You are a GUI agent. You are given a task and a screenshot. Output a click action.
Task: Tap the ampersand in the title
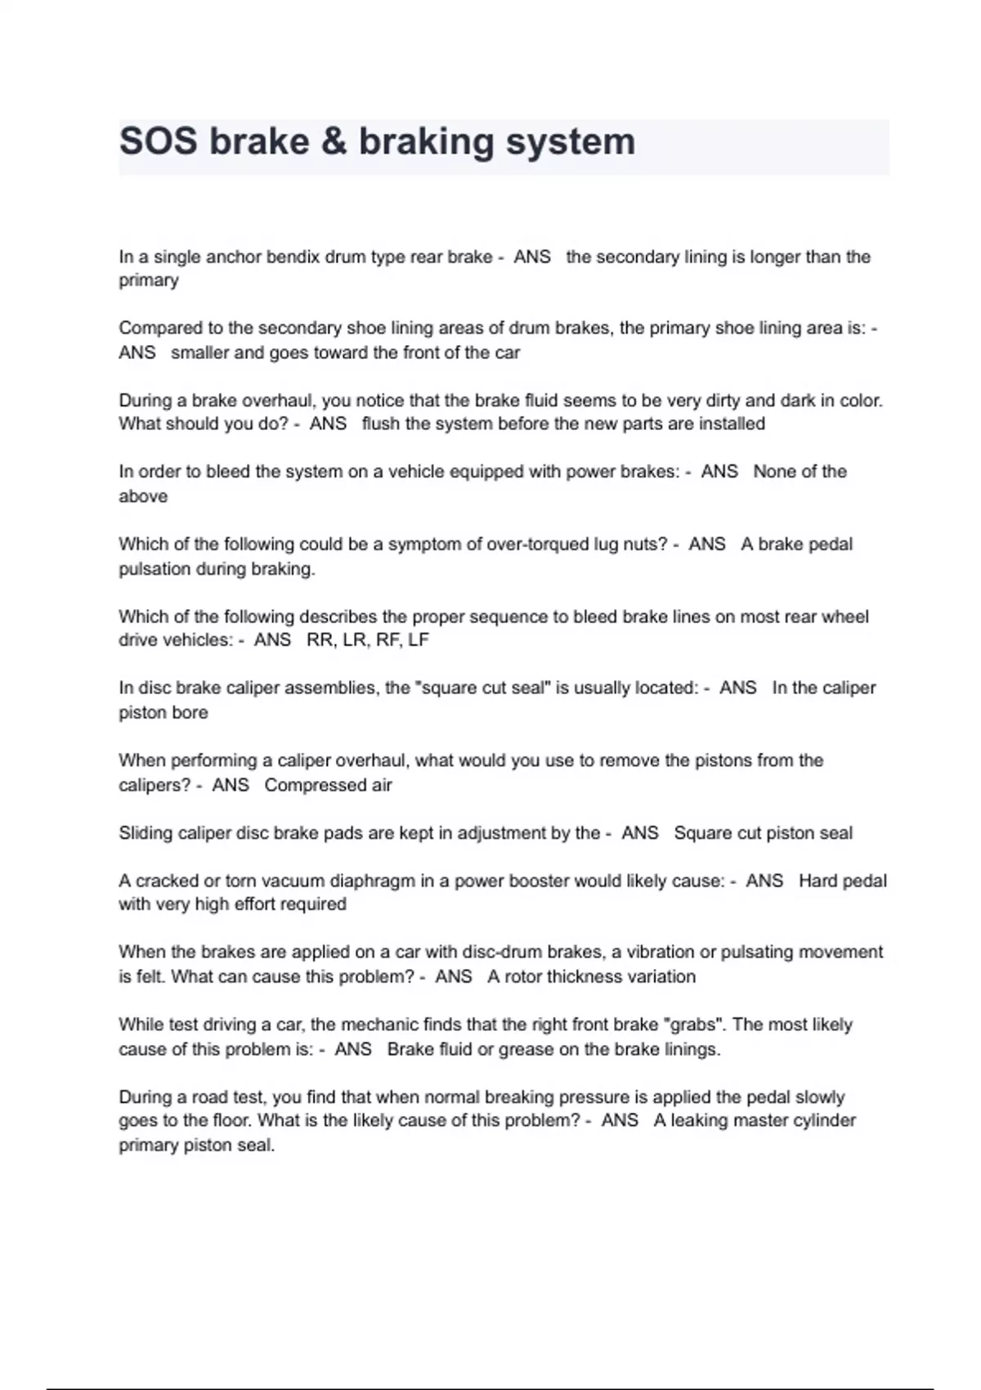[334, 141]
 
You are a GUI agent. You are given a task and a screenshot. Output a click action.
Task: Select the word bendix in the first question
[292, 257]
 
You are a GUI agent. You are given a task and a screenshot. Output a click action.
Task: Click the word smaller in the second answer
[199, 352]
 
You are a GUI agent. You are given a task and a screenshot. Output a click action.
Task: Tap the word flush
[381, 424]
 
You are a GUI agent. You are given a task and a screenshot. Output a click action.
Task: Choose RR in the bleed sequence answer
[320, 640]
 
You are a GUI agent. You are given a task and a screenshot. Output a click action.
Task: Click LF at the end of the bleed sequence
[418, 640]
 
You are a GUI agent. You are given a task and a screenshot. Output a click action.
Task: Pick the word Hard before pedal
[818, 881]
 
